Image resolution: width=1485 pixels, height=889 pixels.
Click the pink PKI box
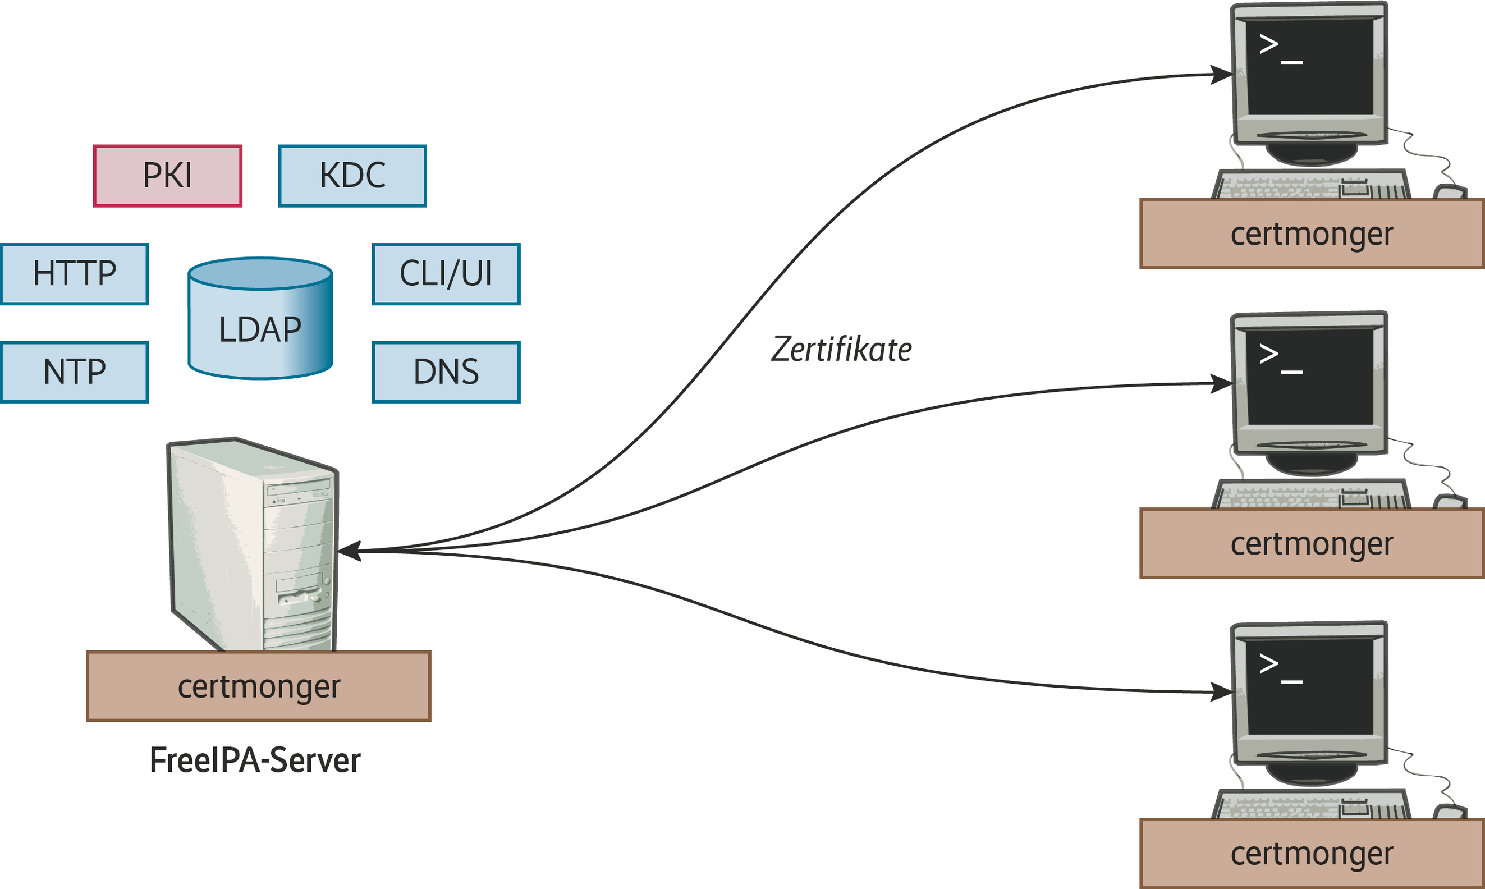tap(168, 176)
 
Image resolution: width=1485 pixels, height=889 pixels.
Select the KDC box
tap(352, 176)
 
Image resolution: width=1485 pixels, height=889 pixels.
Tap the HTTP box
tap(74, 274)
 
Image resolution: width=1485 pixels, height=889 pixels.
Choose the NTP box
tap(74, 372)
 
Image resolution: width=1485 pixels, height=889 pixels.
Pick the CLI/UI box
tap(446, 274)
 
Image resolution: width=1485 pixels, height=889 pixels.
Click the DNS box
tap(446, 372)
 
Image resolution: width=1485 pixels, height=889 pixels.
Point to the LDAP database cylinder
tap(260, 319)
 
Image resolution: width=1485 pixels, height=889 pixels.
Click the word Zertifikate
tap(841, 350)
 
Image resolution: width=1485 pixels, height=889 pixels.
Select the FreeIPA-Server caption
tap(255, 761)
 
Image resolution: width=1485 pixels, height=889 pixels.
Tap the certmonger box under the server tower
tap(259, 686)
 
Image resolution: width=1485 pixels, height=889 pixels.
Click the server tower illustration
tap(253, 545)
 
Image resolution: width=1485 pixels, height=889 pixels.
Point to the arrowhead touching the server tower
tap(350, 551)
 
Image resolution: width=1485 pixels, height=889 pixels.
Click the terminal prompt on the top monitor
tap(1280, 52)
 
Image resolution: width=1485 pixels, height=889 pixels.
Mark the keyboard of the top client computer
tap(1310, 185)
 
